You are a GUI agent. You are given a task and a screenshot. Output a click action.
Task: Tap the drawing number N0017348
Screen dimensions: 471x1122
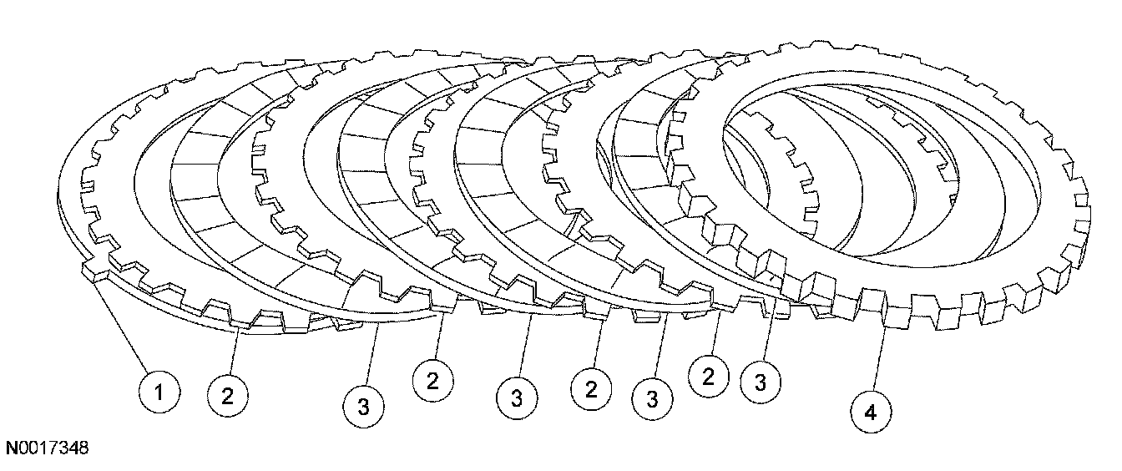[x=48, y=448]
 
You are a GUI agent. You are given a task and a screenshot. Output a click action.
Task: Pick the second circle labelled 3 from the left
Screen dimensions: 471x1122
[x=517, y=395]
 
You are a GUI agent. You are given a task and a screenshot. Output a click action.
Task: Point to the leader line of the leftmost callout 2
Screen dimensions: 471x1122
[x=234, y=351]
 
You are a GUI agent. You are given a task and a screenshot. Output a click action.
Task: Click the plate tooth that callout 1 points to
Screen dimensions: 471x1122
[x=93, y=273]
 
